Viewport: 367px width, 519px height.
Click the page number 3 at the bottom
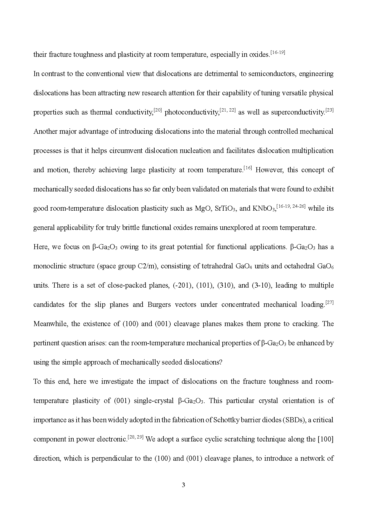(x=183, y=485)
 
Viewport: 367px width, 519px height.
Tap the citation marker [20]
(x=158, y=110)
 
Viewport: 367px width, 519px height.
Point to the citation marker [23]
(x=329, y=110)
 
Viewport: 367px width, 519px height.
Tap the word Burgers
(x=159, y=304)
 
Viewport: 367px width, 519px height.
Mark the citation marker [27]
(x=329, y=302)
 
